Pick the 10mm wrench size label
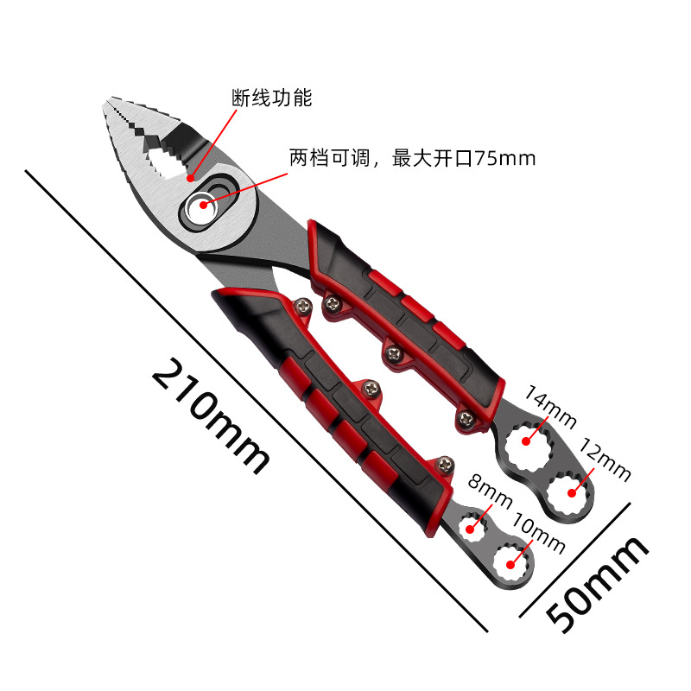point(538,534)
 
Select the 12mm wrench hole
point(571,491)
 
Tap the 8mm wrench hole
point(472,523)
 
